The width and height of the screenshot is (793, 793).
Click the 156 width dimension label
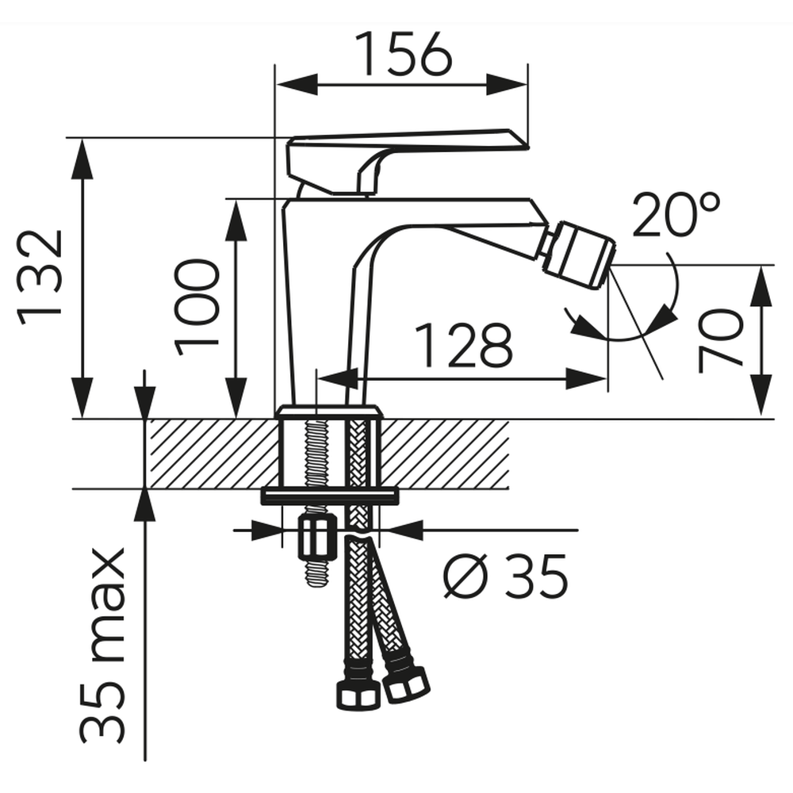(402, 54)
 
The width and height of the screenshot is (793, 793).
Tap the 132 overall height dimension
(40, 278)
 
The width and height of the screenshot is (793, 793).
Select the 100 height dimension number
(197, 307)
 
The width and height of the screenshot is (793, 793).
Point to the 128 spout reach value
(463, 346)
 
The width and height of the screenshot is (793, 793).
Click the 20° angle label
(676, 214)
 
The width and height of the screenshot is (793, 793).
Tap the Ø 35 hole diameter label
(506, 576)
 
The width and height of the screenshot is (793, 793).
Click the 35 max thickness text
(102, 646)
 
